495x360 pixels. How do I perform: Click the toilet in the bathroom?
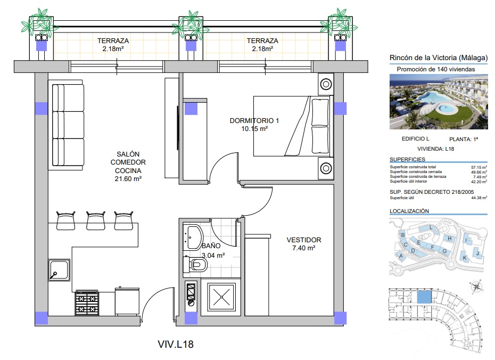(195, 264)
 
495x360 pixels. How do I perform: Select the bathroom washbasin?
(193, 237)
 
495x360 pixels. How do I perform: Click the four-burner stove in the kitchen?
(87, 303)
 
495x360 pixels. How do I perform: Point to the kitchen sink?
(60, 270)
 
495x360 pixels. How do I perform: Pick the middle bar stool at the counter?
(96, 220)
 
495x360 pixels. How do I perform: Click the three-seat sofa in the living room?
(67, 125)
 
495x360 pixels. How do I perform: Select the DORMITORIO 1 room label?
(254, 121)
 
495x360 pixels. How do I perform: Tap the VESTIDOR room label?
(304, 240)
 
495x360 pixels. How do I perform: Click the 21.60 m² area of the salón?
(128, 179)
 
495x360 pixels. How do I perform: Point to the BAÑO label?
(211, 246)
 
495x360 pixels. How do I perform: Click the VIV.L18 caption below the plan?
(176, 344)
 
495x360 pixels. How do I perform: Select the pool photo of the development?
(439, 102)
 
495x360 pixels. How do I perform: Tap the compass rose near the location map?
(476, 287)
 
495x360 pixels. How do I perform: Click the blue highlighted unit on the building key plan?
(424, 297)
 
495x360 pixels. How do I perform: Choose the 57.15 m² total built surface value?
(479, 167)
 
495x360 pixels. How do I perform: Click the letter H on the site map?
(450, 239)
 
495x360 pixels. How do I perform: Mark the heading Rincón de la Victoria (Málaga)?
(439, 58)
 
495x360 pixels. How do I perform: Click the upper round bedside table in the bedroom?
(326, 84)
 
